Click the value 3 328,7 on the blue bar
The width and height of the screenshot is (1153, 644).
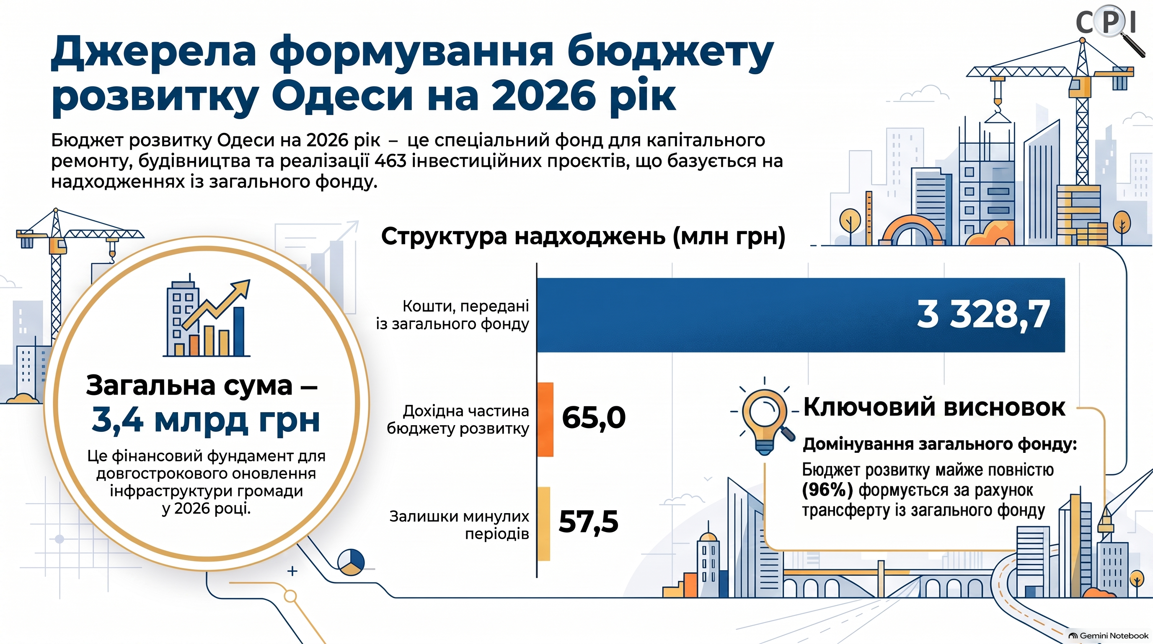coord(983,315)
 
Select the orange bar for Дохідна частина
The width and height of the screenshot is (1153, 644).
coord(545,419)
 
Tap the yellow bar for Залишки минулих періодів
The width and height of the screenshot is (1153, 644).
coord(543,524)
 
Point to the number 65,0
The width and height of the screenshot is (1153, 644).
coord(594,418)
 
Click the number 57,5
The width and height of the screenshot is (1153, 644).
coord(589,522)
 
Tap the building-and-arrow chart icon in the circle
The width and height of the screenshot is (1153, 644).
coord(206,317)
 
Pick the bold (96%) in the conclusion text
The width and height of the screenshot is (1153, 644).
coord(827,490)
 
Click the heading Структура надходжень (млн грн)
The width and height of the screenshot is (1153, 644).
coord(583,236)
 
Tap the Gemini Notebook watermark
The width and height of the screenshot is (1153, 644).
coord(1109,636)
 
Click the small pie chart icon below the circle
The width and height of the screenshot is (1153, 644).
coord(351,562)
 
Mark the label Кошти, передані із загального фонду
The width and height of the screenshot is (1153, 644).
coord(452,315)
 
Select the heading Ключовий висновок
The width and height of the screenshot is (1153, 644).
coord(934,407)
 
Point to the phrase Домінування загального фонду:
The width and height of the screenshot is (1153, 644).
coord(939,444)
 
